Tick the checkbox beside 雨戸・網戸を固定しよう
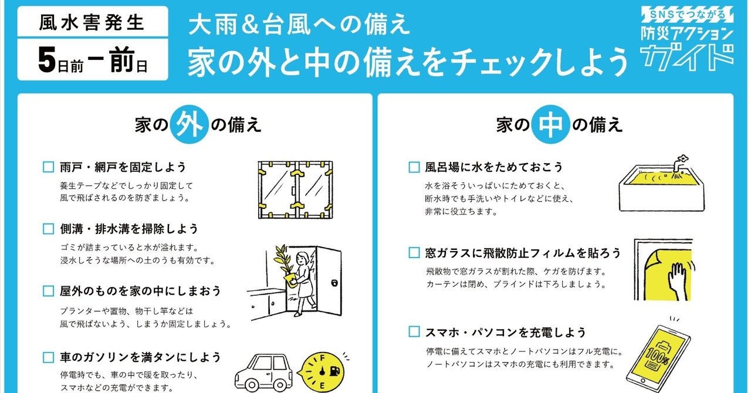[x=48, y=167]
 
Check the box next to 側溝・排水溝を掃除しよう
[x=48, y=229]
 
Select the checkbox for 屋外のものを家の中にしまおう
[x=48, y=291]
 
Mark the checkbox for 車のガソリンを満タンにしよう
[x=48, y=357]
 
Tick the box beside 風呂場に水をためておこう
[x=414, y=167]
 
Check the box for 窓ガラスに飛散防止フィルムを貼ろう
[x=414, y=253]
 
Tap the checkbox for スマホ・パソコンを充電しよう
[x=414, y=332]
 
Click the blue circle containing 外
[x=189, y=124]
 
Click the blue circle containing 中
[x=550, y=124]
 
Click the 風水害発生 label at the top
[x=92, y=23]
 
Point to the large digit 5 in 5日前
[x=47, y=60]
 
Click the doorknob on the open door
[x=334, y=283]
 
